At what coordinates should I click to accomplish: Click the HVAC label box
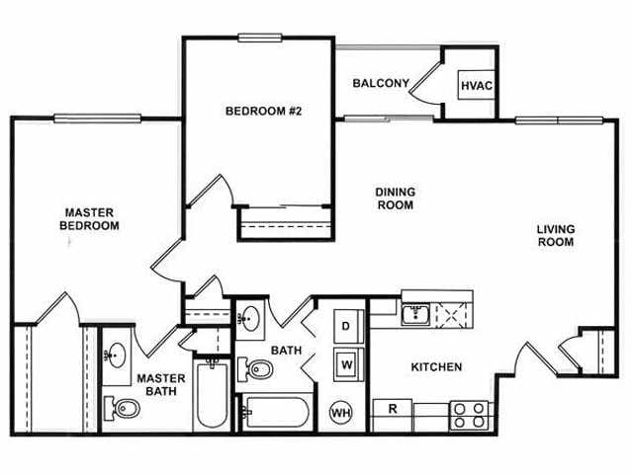click(x=475, y=85)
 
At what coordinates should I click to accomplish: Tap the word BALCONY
click(x=380, y=83)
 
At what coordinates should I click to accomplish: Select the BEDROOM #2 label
click(x=262, y=111)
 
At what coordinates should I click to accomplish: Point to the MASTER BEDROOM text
click(x=91, y=218)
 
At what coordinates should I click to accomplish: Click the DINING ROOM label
click(x=394, y=198)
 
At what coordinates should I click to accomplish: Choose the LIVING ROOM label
click(x=555, y=236)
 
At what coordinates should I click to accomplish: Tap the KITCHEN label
click(x=436, y=367)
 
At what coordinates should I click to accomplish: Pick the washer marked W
click(x=347, y=361)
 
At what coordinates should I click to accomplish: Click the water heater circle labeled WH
click(x=341, y=412)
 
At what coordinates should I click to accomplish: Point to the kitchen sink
click(x=415, y=316)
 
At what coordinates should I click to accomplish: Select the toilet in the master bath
click(x=124, y=408)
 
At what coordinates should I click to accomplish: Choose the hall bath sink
click(x=250, y=320)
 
